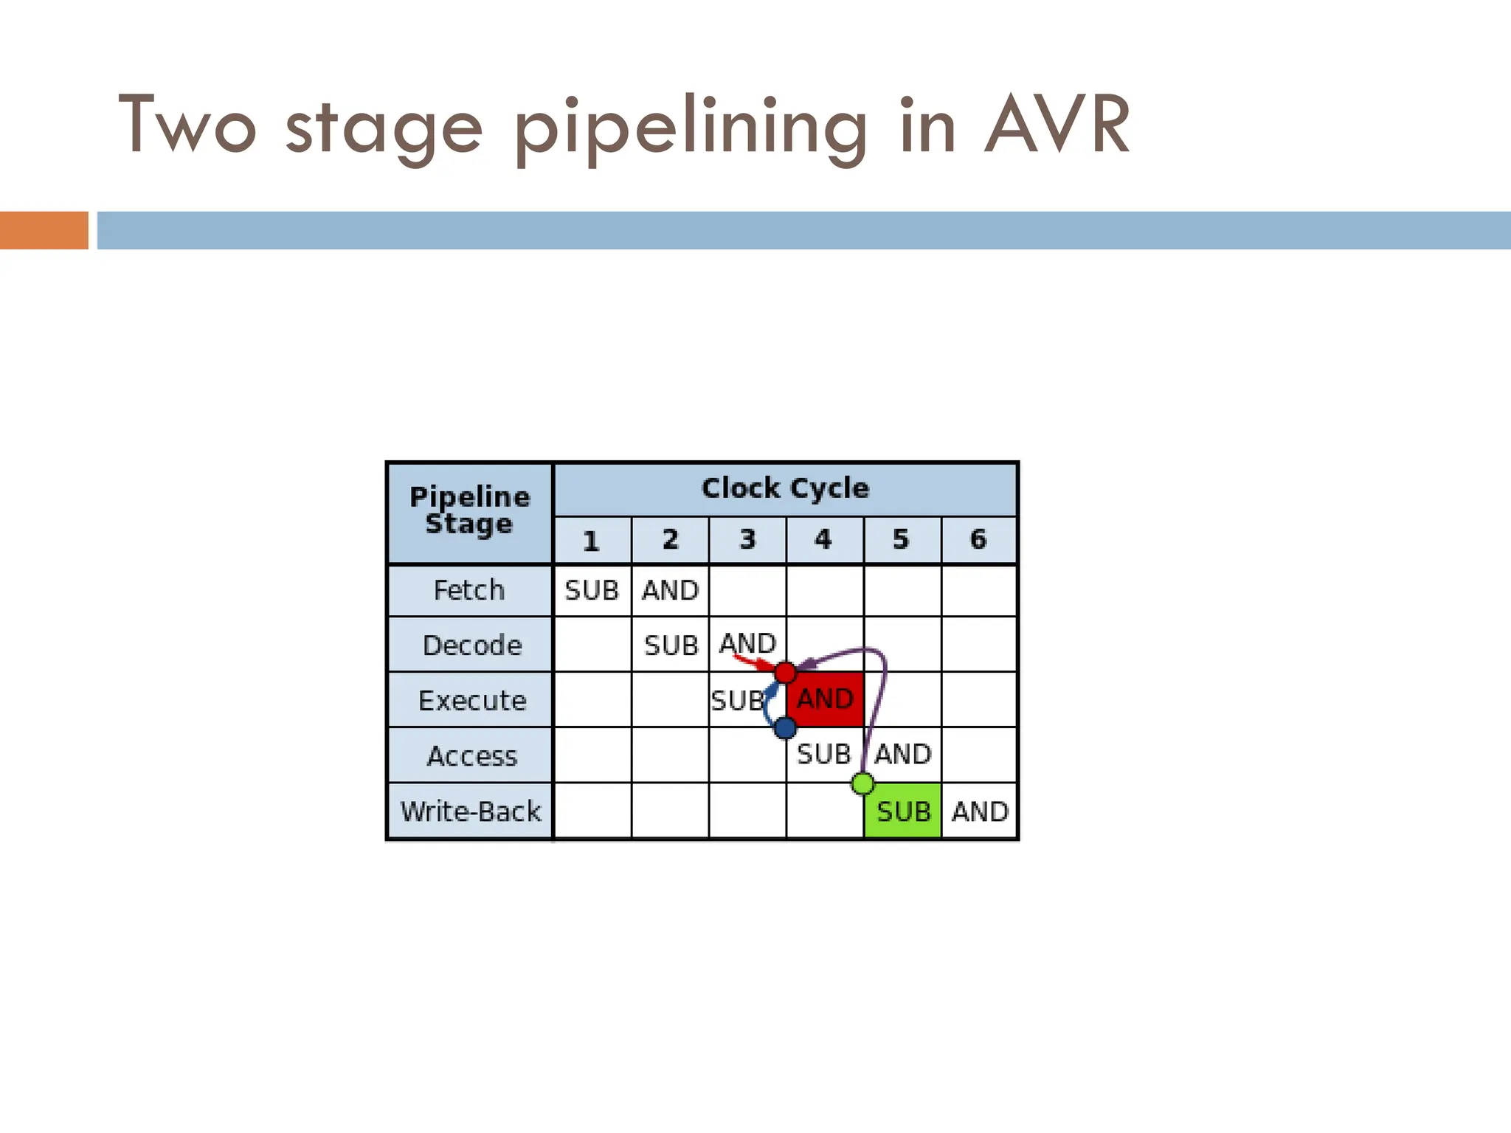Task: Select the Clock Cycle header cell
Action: click(x=785, y=488)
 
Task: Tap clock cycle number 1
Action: click(x=592, y=541)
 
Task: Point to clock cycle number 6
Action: click(x=978, y=540)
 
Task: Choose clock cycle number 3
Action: click(x=747, y=540)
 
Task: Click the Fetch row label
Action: click(x=469, y=590)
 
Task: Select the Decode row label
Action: click(x=472, y=645)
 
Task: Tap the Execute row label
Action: click(x=472, y=700)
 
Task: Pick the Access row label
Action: click(x=472, y=756)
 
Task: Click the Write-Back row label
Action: click(x=471, y=811)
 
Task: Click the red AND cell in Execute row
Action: click(x=825, y=699)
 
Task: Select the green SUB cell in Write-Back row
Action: click(x=903, y=811)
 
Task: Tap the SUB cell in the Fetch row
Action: click(x=592, y=590)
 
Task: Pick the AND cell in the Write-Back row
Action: click(x=980, y=811)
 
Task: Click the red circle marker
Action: click(x=785, y=673)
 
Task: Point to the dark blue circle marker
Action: click(x=785, y=728)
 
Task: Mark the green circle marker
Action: click(x=862, y=783)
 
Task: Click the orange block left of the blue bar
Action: click(x=44, y=230)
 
